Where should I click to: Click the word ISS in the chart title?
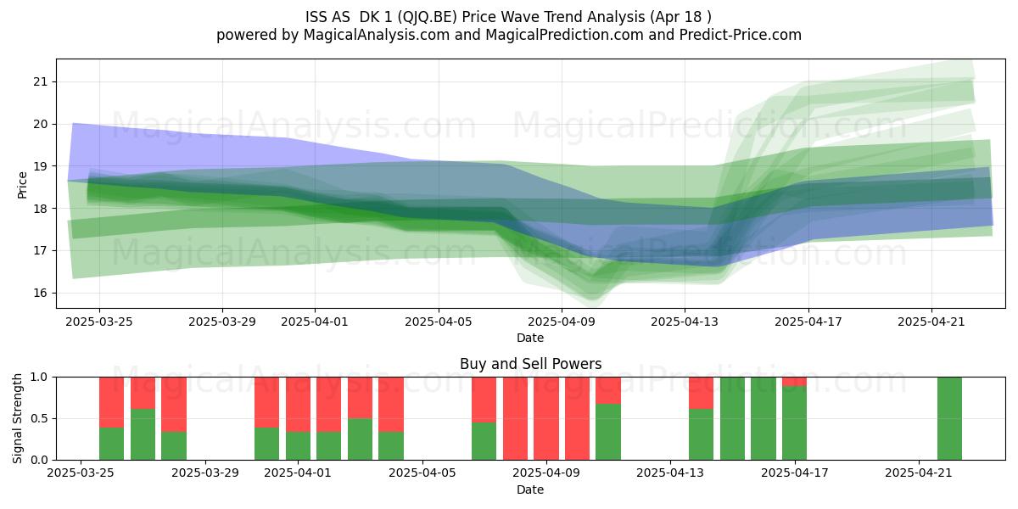[x=315, y=17]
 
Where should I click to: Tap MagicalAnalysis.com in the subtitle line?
[x=377, y=35]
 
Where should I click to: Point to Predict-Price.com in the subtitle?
[x=741, y=35]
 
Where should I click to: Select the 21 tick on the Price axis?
[x=41, y=81]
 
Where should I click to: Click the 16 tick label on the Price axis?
[x=41, y=293]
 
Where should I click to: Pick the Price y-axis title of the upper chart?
[x=22, y=186]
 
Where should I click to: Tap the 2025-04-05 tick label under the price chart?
[x=439, y=322]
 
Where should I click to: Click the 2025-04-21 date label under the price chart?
[x=931, y=322]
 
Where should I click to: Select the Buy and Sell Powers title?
[x=530, y=364]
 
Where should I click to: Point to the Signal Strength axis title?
[x=17, y=418]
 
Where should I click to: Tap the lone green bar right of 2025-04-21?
[x=949, y=418]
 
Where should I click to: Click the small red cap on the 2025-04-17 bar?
[x=794, y=381]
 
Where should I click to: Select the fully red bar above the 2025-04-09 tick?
[x=545, y=418]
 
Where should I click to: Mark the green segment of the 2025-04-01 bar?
[x=298, y=446]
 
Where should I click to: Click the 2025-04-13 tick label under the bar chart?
[x=670, y=473]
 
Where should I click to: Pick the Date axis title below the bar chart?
[x=530, y=489]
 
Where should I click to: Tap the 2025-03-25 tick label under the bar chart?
[x=81, y=473]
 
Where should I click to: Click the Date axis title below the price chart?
[x=530, y=338]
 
